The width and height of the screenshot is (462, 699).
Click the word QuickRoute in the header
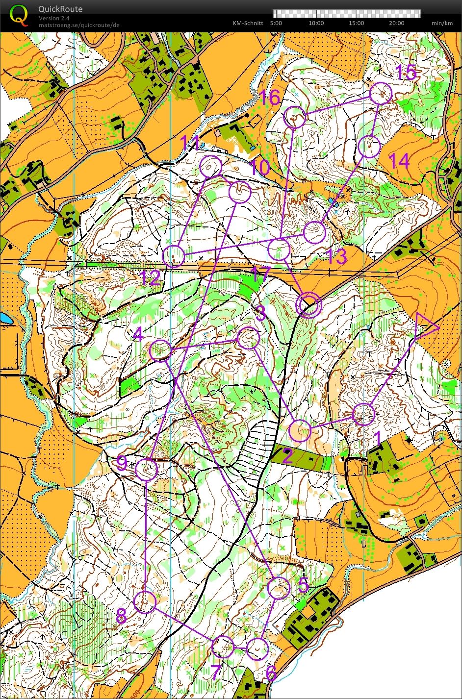(x=60, y=9)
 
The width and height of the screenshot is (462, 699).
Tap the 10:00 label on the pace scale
(x=316, y=23)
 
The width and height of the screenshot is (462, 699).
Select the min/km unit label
(x=441, y=23)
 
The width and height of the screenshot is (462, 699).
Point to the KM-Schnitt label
(x=248, y=23)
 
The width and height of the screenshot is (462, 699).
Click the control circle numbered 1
(x=364, y=414)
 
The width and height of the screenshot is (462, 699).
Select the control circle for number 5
(x=279, y=588)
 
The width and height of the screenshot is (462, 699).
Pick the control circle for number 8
(x=145, y=601)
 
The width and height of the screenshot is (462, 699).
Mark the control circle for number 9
(x=146, y=469)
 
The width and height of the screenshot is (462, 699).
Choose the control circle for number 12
(x=174, y=256)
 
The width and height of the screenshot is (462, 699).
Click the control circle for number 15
(x=381, y=93)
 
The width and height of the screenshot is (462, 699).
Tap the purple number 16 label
(x=269, y=98)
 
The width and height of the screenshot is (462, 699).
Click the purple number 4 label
(x=138, y=335)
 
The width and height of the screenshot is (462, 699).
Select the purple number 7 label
(x=216, y=672)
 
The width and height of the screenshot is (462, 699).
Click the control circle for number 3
(x=248, y=338)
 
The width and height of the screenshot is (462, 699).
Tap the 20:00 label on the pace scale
(x=397, y=23)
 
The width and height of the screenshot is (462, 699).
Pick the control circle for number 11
(x=211, y=167)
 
